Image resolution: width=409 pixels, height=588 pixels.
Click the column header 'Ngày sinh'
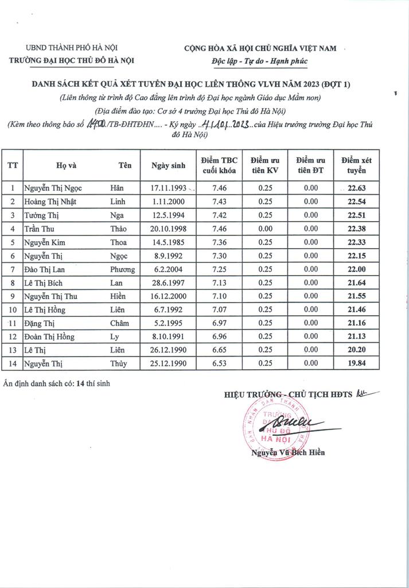[169, 165]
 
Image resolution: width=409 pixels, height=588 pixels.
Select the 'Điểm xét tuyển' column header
[356, 165]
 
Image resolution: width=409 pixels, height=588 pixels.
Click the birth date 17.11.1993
[169, 188]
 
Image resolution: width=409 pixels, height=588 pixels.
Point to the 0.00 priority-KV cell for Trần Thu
[265, 229]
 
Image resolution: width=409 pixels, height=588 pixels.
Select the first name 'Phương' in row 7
[122, 269]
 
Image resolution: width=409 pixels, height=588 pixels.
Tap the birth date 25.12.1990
[169, 363]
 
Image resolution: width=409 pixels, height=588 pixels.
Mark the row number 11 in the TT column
[13, 323]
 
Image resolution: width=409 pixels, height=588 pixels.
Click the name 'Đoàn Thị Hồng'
[49, 336]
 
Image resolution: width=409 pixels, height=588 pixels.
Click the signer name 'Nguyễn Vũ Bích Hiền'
[287, 452]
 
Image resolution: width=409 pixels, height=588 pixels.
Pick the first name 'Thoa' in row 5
[119, 242]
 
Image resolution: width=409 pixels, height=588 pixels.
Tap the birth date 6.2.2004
[169, 269]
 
